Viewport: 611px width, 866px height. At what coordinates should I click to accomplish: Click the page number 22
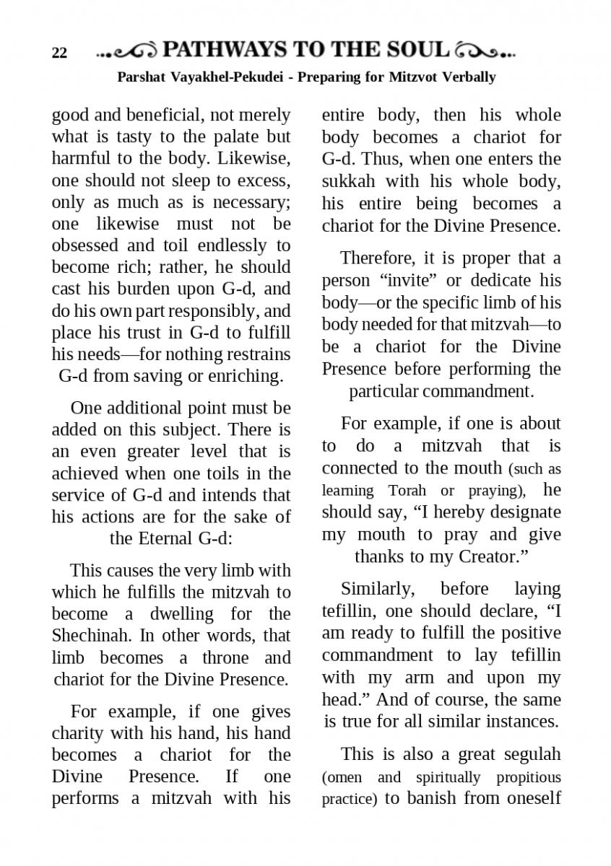tap(59, 53)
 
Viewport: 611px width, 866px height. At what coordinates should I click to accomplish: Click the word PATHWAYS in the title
tap(224, 50)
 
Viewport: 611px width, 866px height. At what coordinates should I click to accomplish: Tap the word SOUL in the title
tap(420, 50)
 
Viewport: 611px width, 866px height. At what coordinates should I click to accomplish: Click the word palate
tap(220, 136)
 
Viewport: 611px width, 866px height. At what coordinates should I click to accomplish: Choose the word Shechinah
tap(88, 636)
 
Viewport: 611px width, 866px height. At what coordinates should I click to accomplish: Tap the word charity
tap(77, 733)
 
